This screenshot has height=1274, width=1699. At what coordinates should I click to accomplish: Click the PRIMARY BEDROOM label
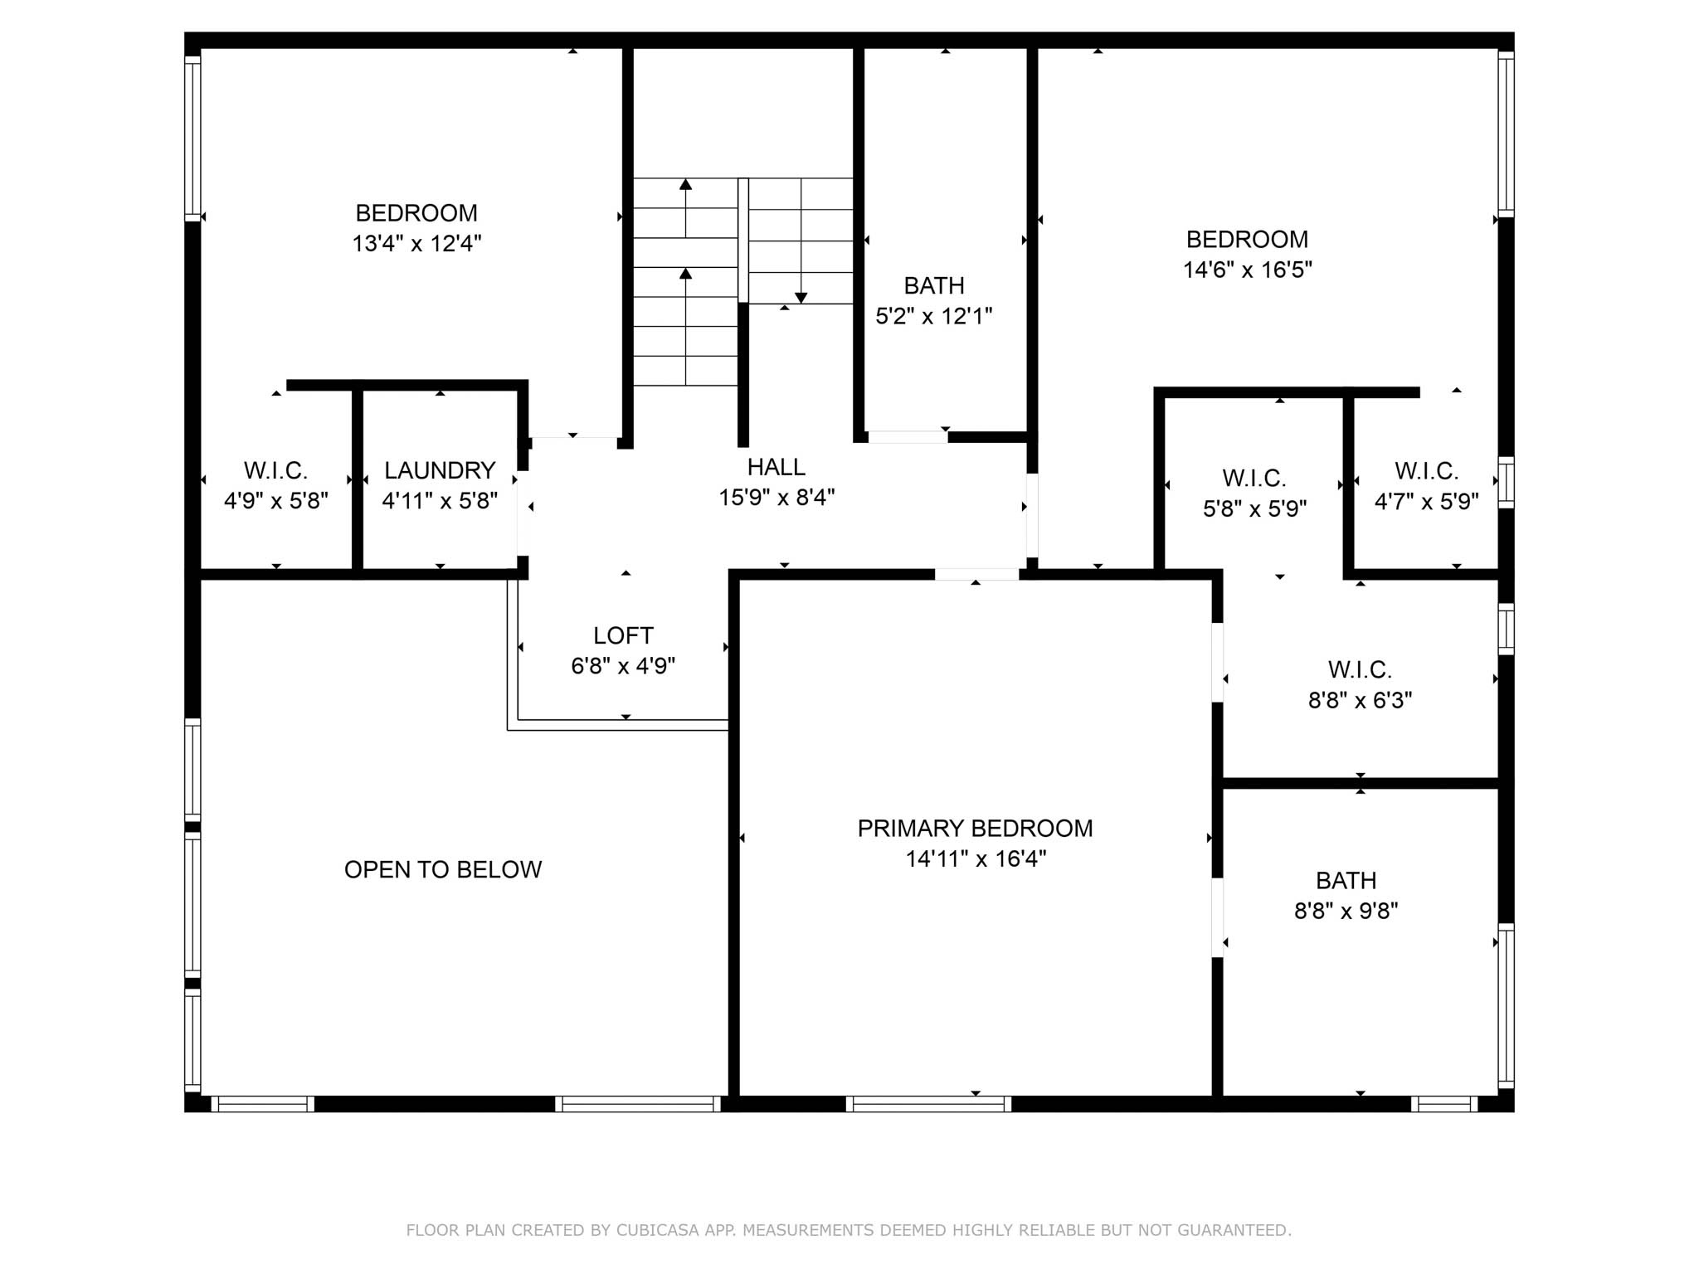point(975,828)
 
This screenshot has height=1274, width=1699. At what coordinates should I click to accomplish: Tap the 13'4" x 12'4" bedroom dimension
point(416,244)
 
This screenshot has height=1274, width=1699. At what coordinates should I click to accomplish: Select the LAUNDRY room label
point(440,470)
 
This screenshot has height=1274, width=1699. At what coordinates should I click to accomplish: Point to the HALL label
point(776,467)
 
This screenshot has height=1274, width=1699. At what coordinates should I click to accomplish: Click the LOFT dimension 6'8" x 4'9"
point(623,666)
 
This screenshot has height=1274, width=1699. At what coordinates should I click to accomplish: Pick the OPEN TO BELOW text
point(443,869)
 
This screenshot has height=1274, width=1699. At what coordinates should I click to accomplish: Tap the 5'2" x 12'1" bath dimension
point(934,316)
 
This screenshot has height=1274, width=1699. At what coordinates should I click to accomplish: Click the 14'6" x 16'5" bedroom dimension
point(1247,270)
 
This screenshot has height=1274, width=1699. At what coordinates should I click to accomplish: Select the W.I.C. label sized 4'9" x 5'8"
point(275,470)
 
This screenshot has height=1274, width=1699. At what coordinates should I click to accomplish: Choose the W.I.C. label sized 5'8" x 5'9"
point(1254,478)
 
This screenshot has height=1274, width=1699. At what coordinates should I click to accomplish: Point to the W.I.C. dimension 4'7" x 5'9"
point(1426,502)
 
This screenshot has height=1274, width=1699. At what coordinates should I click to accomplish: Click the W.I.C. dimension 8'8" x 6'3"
point(1360,701)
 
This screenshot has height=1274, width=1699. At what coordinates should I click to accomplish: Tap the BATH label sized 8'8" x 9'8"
point(1346,880)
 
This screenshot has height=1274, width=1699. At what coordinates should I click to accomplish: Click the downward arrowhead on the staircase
point(801,298)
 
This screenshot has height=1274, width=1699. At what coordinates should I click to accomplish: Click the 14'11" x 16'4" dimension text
point(975,858)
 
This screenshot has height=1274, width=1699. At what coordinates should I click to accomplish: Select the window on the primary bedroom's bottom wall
point(928,1104)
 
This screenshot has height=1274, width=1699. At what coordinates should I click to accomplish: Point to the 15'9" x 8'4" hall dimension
point(776,498)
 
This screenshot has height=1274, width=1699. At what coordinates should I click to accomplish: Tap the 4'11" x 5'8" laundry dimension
point(440,501)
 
